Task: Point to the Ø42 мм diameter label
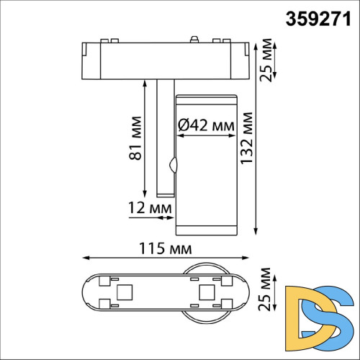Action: (206, 125)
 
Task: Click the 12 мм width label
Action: (146, 207)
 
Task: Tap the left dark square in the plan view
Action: (123, 292)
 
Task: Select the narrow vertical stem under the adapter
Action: (163, 137)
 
